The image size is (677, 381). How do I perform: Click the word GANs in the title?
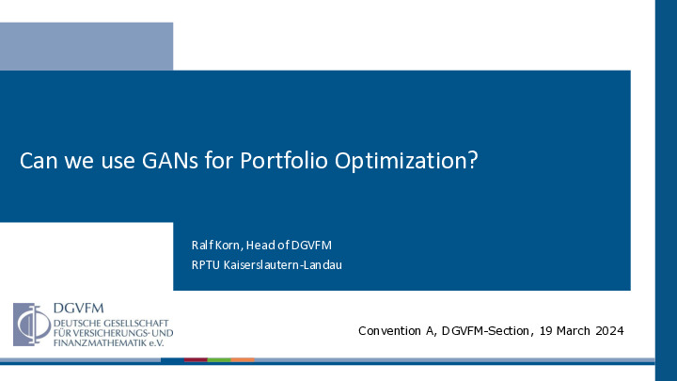point(169,160)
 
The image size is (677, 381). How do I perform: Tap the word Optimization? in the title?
point(406,161)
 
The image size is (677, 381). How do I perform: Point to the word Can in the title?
point(39,161)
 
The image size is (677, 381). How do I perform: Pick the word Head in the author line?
point(260,246)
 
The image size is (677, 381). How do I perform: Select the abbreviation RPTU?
point(206,264)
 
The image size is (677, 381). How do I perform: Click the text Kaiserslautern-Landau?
point(283,264)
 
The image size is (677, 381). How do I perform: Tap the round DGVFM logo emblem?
point(32,325)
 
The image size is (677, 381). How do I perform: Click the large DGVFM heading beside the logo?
point(79,308)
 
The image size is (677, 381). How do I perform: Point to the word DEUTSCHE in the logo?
point(76,323)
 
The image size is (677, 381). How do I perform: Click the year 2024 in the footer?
point(609,331)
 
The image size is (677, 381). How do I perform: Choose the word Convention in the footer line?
point(389,331)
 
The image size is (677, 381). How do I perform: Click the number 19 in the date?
point(545,331)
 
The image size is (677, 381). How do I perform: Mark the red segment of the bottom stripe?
point(196,359)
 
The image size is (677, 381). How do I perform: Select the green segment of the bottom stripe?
point(219,359)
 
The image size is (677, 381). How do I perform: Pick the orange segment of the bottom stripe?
point(243,359)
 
